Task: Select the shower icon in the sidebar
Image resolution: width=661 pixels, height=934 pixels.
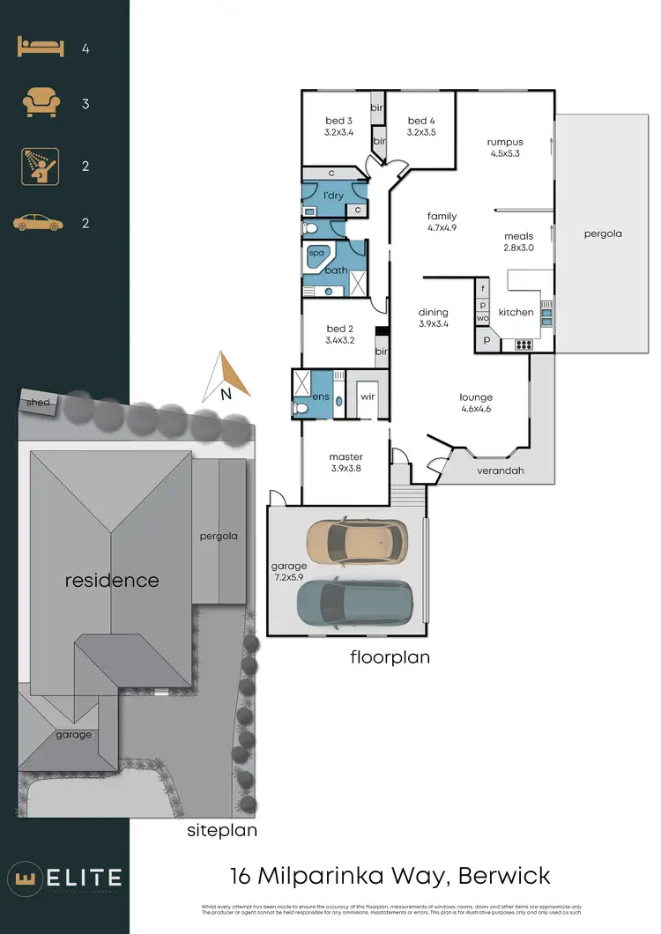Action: tap(40, 166)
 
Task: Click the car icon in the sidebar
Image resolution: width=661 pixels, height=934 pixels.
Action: tap(38, 223)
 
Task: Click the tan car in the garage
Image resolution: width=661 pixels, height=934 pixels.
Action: tap(356, 542)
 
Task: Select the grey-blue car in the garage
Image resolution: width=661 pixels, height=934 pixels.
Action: tap(354, 602)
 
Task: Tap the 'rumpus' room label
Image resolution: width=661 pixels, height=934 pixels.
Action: tap(506, 142)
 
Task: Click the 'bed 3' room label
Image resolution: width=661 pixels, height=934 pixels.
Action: tap(338, 121)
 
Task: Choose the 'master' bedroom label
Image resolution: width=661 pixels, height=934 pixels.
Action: tap(345, 456)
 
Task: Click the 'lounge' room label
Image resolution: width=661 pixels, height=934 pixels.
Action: tap(476, 397)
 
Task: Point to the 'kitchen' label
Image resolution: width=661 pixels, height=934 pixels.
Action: tap(516, 312)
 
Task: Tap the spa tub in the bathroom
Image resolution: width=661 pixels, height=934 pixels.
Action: tap(316, 254)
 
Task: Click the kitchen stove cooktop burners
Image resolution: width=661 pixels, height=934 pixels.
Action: tap(522, 345)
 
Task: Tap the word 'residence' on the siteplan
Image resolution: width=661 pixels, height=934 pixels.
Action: tap(112, 580)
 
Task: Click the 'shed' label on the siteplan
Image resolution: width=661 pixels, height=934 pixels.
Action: tap(40, 403)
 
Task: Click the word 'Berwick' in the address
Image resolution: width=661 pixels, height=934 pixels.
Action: tap(504, 876)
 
